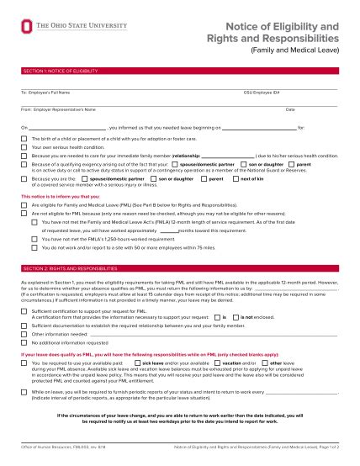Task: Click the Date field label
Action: click(290, 109)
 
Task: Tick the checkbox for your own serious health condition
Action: click(25, 147)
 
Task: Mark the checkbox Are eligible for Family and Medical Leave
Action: click(25, 204)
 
